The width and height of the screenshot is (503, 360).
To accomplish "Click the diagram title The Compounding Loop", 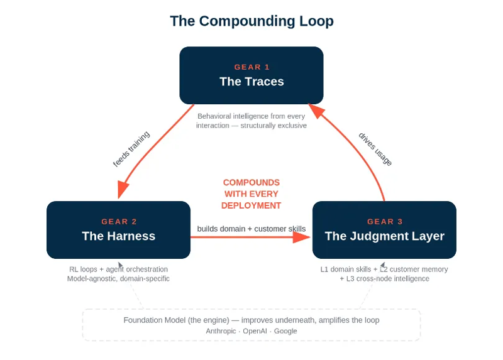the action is tap(251, 21).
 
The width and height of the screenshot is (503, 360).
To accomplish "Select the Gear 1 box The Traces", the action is tap(251, 75).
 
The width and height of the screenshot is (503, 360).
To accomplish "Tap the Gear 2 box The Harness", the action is tap(118, 230).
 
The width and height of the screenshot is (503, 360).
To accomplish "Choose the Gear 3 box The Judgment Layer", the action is tap(384, 230).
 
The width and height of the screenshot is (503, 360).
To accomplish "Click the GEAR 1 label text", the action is tap(252, 67).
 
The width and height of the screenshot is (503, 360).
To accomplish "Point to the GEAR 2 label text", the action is tap(119, 222).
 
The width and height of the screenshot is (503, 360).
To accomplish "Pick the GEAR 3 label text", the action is tap(385, 222).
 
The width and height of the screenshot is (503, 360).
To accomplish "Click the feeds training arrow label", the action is tap(131, 149).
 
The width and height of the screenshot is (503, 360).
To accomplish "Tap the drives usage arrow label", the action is tap(375, 149).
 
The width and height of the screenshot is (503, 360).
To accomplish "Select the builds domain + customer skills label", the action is tap(251, 229).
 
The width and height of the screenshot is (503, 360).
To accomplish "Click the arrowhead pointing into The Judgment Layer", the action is tap(302, 237).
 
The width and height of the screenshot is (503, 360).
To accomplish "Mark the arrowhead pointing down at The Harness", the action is tap(123, 190).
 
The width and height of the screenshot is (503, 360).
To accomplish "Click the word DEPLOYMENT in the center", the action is tap(251, 205).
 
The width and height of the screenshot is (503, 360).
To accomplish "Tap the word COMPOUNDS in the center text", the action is tap(251, 182).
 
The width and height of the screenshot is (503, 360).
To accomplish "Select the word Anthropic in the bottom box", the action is tap(221, 331).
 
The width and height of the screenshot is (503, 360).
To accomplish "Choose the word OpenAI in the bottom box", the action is tap(255, 331).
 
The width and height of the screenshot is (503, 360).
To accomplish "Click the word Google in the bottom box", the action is tap(285, 331).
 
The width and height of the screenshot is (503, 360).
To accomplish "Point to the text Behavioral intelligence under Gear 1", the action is tap(229, 116).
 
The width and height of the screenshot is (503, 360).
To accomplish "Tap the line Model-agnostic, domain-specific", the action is tap(118, 278).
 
